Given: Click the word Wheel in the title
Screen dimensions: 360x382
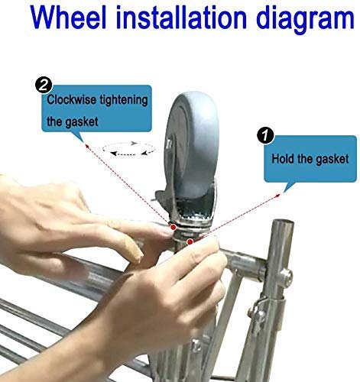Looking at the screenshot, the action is point(69,18).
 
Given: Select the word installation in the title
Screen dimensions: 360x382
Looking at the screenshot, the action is point(181,18).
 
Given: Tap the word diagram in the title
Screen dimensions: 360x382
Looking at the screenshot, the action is point(305,20).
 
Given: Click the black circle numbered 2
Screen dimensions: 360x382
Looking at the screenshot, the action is point(44,86).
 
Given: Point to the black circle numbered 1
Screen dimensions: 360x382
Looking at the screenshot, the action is point(265,135).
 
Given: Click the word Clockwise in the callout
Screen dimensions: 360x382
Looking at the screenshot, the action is point(71,99).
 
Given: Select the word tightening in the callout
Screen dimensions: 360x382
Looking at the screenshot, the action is point(124,100).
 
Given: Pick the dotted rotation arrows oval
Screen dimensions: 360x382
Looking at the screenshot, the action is point(128,148).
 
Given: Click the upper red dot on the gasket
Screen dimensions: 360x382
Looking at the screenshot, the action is point(174,227).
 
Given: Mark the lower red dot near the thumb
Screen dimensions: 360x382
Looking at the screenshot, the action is point(190,241).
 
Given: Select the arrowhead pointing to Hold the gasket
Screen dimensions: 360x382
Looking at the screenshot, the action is point(277,196).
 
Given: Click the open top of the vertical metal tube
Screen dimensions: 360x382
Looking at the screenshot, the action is point(284,222).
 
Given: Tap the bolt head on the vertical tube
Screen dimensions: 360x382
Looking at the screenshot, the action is point(287,276).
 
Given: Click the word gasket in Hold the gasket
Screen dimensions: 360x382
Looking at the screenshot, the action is point(332,160).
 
